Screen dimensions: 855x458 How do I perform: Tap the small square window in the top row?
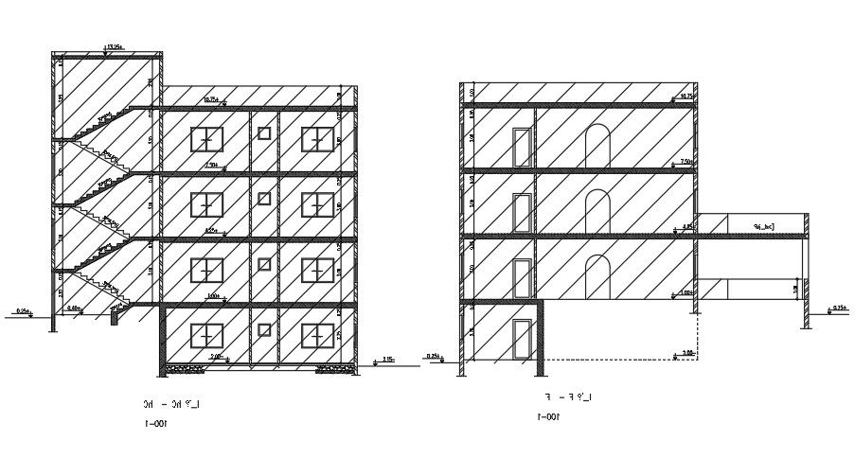263,133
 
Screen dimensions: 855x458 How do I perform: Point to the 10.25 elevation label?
210,98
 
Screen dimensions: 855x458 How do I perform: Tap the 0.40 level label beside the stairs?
73,308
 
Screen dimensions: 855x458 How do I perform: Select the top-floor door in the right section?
520,147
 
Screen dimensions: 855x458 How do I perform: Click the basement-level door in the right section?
520,339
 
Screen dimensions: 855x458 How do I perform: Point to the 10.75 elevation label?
686,96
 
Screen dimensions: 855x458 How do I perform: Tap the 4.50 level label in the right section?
687,226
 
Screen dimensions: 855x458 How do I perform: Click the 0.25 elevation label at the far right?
838,308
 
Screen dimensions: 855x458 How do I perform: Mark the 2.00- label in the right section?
687,352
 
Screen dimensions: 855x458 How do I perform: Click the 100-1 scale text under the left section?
154,424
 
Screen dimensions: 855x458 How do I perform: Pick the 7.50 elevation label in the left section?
212,165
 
